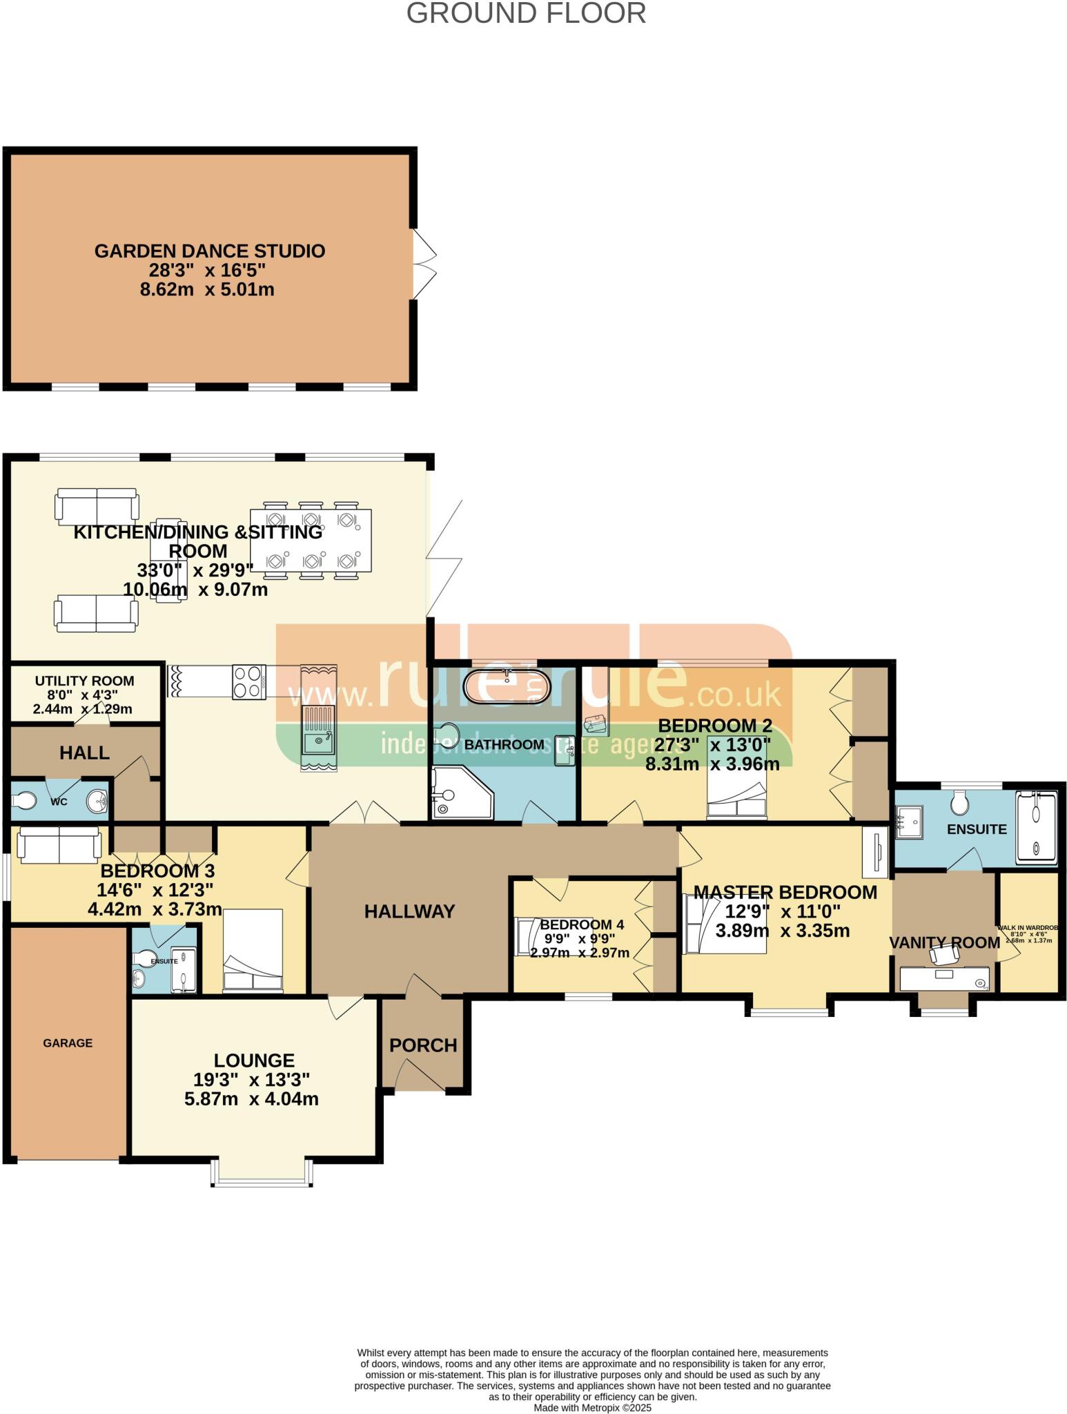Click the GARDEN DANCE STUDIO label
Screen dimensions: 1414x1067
coord(210,251)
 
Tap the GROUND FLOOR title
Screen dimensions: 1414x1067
coord(526,14)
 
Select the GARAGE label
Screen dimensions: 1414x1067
coord(68,1043)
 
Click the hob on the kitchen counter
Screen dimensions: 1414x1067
coord(249,681)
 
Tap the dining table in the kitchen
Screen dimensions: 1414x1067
coord(311,541)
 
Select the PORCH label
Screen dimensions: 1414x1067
coord(423,1045)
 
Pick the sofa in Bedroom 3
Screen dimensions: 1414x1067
coord(59,846)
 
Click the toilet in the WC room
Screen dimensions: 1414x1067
coord(25,802)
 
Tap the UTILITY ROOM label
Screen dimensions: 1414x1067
coord(85,681)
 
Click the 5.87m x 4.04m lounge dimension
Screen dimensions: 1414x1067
coord(251,1098)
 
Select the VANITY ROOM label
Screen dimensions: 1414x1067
coord(944,942)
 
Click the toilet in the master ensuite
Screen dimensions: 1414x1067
coord(959,802)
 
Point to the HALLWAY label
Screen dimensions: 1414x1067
coord(409,911)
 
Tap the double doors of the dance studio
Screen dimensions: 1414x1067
coord(423,264)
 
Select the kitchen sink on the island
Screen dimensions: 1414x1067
coord(319,742)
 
